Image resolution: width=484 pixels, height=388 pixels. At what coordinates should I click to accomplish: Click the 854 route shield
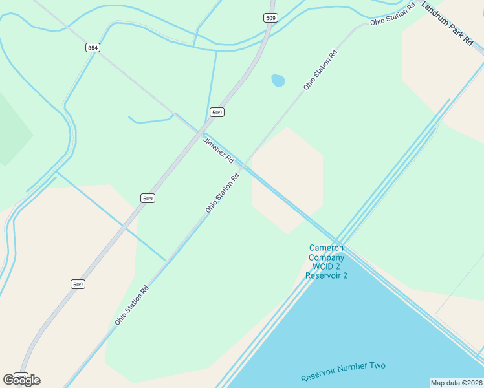coord(93,48)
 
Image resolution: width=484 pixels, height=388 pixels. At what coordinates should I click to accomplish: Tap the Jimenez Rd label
coord(218,150)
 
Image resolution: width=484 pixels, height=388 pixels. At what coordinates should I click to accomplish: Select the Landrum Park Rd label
coord(447,23)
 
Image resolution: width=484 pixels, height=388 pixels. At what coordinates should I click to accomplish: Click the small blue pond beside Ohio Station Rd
coord(278,80)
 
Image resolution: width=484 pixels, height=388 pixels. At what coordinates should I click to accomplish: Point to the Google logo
coord(21,380)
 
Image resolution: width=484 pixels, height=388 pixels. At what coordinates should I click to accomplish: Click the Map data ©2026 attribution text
coord(456,383)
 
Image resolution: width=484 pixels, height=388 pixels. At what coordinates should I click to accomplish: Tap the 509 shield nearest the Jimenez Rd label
coord(217,113)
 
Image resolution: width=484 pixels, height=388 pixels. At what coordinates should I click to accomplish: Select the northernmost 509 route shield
coord(270,18)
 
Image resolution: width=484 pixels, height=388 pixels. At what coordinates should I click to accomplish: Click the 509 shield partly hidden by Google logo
coord(21,376)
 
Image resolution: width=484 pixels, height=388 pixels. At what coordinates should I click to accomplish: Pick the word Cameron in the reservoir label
coord(327,248)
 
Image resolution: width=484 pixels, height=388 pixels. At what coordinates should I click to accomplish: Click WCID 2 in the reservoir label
coord(327,266)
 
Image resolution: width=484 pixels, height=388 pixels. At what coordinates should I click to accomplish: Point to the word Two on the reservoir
coord(378,366)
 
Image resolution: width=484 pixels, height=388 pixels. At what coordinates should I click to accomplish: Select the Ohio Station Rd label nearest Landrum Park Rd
coord(393,14)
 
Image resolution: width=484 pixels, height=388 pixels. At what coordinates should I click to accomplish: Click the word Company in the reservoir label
coord(327,257)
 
